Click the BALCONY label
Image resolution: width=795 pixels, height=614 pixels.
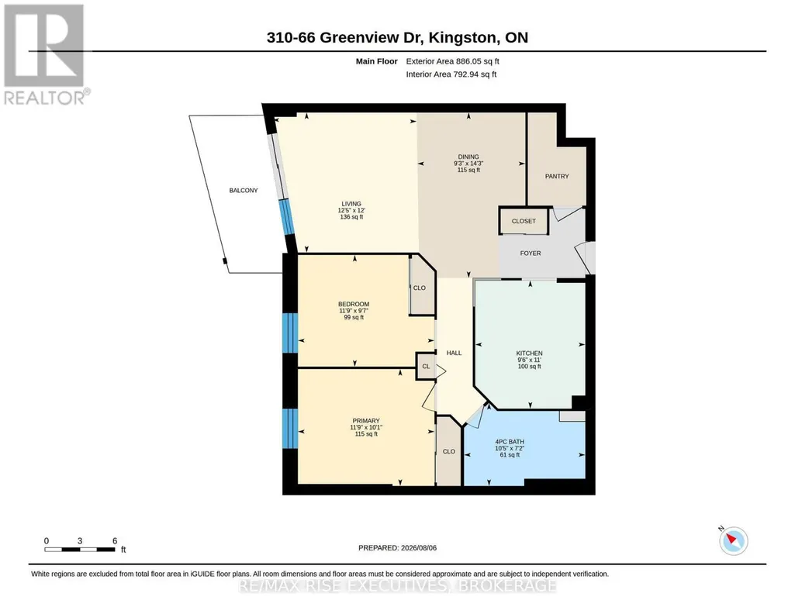pos(244,191)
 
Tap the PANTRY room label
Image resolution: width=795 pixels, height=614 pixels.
pos(557,176)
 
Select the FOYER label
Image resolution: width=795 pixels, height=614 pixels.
pos(531,254)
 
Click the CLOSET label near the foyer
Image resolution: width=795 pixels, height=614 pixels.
pos(524,222)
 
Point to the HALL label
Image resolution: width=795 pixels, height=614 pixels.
pos(454,353)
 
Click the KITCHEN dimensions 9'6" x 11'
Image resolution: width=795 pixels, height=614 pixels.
pos(529,360)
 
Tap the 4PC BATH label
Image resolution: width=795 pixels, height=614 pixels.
pos(510,442)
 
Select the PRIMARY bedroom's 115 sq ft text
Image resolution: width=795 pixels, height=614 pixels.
pos(366,434)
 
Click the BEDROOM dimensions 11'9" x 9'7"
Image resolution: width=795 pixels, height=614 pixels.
pos(354,311)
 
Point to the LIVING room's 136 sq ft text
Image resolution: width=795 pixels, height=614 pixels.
pos(351,217)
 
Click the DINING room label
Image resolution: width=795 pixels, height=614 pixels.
pos(468,157)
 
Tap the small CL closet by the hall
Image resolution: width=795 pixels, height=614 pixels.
pos(426,366)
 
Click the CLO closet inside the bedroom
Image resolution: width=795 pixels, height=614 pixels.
pos(420,288)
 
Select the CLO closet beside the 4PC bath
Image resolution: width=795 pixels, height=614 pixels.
pos(449,451)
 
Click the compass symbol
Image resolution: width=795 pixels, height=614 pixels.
pos(733,540)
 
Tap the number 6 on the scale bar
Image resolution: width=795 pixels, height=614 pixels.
pos(115,540)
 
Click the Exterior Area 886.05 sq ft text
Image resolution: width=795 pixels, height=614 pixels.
pos(453,61)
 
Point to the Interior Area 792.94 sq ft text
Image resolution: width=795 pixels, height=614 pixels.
pos(451,74)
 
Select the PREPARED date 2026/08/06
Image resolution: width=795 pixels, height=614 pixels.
pos(419,548)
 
